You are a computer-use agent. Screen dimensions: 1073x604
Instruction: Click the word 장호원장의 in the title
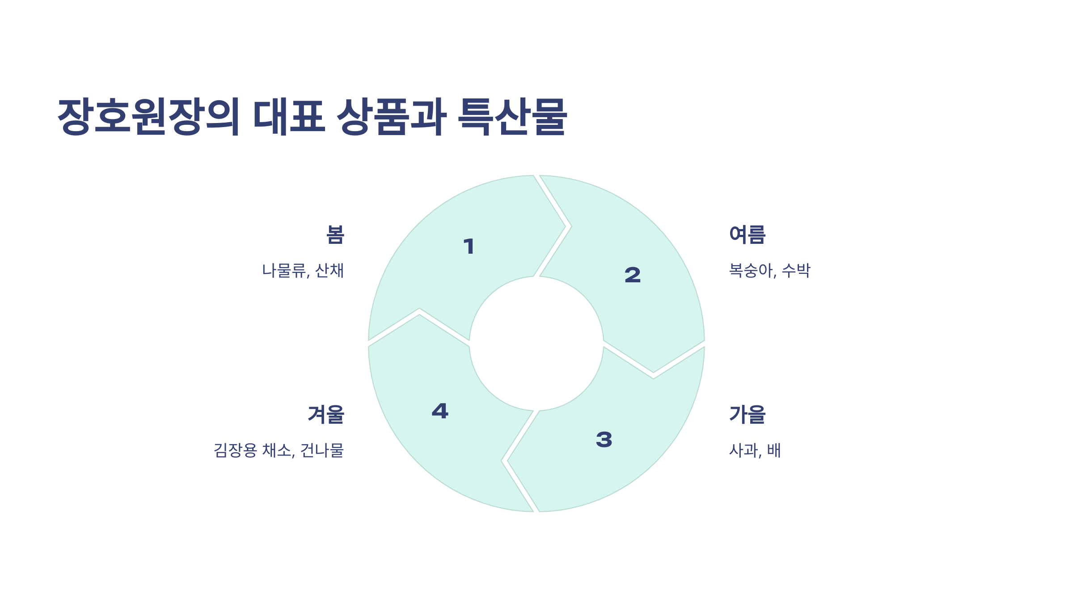click(x=149, y=116)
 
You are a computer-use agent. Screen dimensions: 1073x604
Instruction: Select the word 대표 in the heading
click(x=289, y=116)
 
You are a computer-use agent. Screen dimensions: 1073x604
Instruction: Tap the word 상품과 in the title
click(x=391, y=116)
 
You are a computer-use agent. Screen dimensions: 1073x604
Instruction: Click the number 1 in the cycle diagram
click(x=469, y=247)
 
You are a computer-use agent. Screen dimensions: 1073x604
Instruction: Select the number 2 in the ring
click(x=633, y=275)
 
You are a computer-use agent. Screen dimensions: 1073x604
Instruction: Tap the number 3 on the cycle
click(x=604, y=439)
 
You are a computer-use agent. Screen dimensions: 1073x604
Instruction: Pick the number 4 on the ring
click(x=440, y=411)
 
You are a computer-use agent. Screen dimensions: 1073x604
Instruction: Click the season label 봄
click(x=335, y=235)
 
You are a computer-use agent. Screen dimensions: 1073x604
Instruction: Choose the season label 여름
click(x=747, y=235)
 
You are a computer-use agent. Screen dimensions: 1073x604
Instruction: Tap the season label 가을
click(x=747, y=414)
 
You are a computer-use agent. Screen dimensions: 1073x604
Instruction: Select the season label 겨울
click(x=326, y=414)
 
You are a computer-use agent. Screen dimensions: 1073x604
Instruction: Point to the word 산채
click(x=330, y=271)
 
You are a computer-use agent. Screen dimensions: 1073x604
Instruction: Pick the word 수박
click(x=796, y=271)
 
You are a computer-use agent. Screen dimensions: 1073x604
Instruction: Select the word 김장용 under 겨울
click(x=235, y=450)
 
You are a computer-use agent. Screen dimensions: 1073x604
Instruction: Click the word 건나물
click(x=322, y=450)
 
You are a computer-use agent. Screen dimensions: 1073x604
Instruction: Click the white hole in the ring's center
click(x=536, y=344)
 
